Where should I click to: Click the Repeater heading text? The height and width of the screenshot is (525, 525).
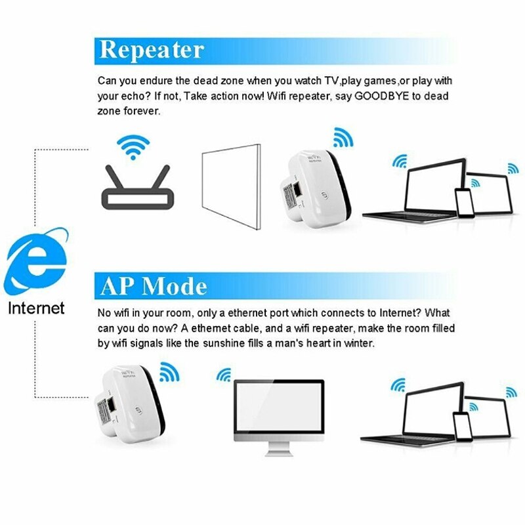point(152,50)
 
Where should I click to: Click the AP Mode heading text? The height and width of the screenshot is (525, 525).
point(153,285)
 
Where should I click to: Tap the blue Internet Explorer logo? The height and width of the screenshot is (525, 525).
point(36,263)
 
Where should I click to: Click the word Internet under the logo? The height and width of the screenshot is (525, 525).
point(36,308)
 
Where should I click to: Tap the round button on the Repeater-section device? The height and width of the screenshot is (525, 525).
point(324,196)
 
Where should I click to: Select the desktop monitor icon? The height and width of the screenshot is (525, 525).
point(279,411)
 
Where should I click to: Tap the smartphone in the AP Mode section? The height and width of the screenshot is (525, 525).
point(463,427)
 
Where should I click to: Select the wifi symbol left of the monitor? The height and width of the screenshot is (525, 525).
point(224,375)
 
